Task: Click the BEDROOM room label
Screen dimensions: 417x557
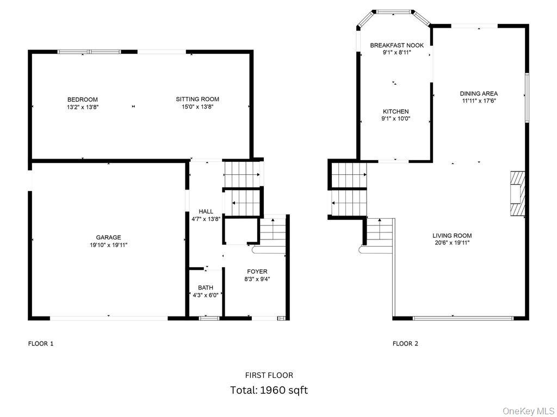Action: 82,99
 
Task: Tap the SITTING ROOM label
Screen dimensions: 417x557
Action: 197,99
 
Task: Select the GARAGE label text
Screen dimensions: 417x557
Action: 108,237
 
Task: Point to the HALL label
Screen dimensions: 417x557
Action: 206,211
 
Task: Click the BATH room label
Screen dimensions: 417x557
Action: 206,288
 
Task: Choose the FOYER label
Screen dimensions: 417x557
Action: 257,271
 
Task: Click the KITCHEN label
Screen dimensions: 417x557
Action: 395,111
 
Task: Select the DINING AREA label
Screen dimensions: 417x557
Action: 479,93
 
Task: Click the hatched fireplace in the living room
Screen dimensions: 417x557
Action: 518,193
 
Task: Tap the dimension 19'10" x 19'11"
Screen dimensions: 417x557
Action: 108,245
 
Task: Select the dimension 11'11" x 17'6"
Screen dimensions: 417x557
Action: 479,100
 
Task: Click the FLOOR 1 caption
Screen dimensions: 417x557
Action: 41,343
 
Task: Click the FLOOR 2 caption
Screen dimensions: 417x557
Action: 405,343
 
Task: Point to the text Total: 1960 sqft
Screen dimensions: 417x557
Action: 269,390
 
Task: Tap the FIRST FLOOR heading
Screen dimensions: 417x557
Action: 269,375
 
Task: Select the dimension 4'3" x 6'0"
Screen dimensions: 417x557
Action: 206,295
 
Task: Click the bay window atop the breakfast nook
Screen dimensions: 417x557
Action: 395,11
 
